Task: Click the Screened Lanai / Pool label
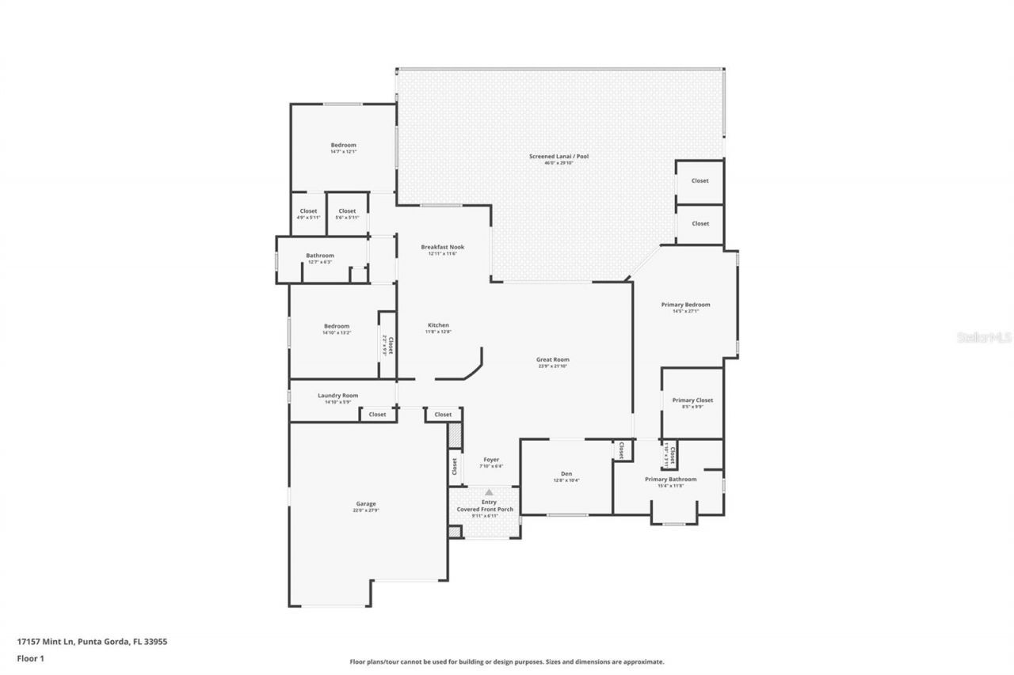click(558, 157)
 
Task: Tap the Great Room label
click(552, 360)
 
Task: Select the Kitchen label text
click(438, 325)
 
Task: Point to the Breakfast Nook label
click(442, 247)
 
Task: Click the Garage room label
click(365, 504)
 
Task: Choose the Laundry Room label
click(337, 396)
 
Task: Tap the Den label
click(566, 474)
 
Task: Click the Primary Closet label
click(692, 400)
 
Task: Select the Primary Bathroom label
click(670, 480)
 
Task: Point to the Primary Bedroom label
click(685, 305)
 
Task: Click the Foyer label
click(491, 460)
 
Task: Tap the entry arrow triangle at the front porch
click(489, 492)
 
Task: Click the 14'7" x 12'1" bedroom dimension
click(343, 152)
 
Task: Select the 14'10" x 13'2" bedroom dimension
click(336, 333)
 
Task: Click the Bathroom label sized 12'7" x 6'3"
click(320, 256)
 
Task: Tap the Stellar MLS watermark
click(984, 337)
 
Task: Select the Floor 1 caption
click(31, 658)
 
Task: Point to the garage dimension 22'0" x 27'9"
click(365, 510)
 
